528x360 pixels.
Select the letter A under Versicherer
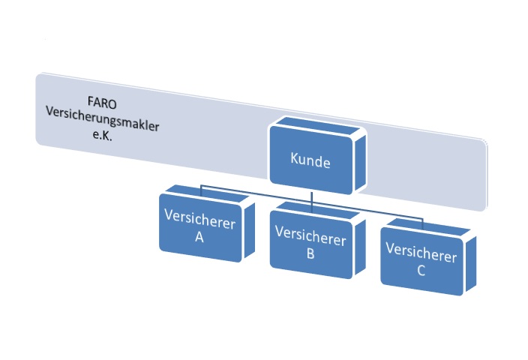tap(199, 238)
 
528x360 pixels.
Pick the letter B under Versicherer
tap(310, 253)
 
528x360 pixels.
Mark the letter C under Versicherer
tap(421, 270)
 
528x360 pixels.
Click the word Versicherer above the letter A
tap(199, 223)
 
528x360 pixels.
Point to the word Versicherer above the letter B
tap(310, 239)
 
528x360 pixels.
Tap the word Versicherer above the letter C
tap(421, 256)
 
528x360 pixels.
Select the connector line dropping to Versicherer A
tap(201, 188)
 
